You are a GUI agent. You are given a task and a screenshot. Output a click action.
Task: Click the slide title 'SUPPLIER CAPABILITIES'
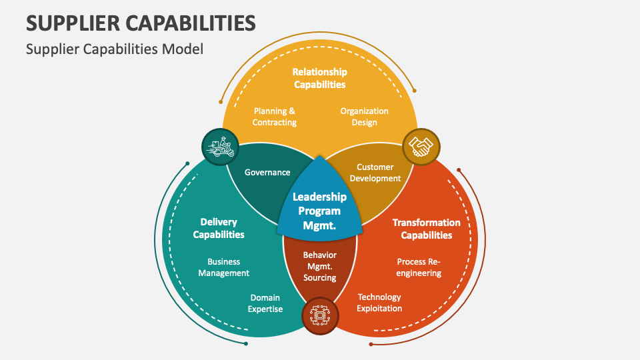click(141, 23)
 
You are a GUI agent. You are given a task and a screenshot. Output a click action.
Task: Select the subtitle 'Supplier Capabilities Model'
click(114, 49)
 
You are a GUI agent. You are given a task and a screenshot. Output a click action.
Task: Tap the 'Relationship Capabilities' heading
click(320, 78)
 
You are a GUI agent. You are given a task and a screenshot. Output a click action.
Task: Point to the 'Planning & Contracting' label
click(274, 117)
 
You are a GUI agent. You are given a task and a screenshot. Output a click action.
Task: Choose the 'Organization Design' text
click(364, 117)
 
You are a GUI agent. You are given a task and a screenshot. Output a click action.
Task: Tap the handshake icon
click(421, 146)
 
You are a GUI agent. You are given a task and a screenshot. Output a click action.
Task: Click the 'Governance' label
click(267, 172)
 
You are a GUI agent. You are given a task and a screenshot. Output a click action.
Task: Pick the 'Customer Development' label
click(375, 173)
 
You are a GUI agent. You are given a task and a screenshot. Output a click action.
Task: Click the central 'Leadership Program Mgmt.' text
click(320, 211)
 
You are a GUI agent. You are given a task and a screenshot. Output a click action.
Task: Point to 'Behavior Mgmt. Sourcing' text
click(320, 266)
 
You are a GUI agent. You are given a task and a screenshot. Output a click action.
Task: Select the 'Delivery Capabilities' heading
click(219, 228)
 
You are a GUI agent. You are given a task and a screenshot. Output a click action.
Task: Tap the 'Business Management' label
click(223, 267)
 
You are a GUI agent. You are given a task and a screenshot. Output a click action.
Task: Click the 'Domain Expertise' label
click(265, 303)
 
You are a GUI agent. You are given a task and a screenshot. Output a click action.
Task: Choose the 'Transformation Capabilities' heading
click(426, 229)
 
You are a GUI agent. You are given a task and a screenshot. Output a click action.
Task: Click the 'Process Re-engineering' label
click(419, 267)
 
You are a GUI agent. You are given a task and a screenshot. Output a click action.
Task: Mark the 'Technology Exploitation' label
click(379, 303)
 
